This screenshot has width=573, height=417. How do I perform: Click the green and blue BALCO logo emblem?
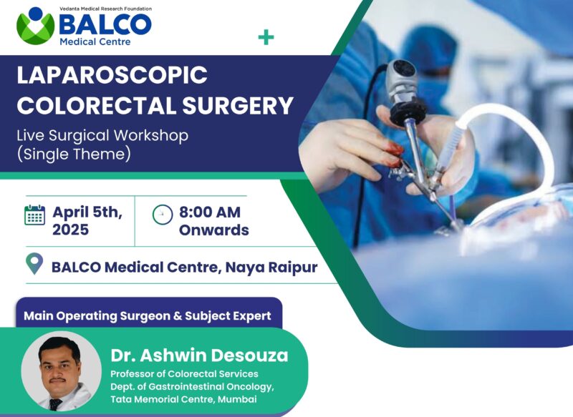[35, 26]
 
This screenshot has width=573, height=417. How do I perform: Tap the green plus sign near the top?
[266, 37]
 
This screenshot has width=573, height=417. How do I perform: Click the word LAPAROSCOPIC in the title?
[112, 75]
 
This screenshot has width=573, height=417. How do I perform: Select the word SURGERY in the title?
[238, 105]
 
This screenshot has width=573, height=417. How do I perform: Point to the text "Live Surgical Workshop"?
[102, 135]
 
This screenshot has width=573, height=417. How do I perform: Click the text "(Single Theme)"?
[74, 154]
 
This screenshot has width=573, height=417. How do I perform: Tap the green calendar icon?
[34, 215]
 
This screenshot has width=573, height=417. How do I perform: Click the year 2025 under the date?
[70, 230]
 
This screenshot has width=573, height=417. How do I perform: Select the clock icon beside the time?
[163, 215]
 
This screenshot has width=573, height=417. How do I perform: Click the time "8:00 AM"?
[210, 212]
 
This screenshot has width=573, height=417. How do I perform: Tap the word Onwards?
[213, 230]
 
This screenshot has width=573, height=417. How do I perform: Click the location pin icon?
[34, 263]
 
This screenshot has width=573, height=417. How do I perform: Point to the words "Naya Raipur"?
[271, 268]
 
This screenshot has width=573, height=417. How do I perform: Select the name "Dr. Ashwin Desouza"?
[200, 355]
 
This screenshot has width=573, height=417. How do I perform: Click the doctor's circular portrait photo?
[61, 371]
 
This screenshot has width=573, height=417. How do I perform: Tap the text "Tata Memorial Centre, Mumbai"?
[183, 399]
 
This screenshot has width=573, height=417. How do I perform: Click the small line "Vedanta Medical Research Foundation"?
[105, 9]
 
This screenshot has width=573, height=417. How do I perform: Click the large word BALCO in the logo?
[105, 24]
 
